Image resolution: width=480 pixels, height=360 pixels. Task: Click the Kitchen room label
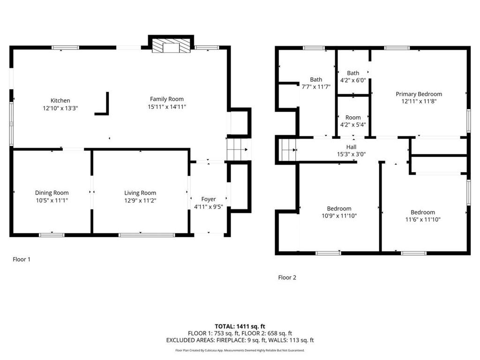[x=60, y=100]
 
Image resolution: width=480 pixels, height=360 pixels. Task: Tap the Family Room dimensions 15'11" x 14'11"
[x=167, y=107]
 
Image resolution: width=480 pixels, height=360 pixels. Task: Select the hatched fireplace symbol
[x=171, y=46]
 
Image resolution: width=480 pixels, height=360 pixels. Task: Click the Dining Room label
[x=52, y=193]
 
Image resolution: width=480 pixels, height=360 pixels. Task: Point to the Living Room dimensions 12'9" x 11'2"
[x=140, y=201]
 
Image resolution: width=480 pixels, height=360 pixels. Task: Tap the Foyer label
[x=209, y=199]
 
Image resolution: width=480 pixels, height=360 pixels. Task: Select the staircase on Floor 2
[x=288, y=150]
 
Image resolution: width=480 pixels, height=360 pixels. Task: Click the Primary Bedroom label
[x=419, y=94]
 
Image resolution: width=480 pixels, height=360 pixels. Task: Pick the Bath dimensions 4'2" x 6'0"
[x=353, y=81]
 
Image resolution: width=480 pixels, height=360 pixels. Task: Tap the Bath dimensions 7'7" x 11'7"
[x=316, y=87]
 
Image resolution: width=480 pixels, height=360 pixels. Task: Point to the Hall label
[x=351, y=147]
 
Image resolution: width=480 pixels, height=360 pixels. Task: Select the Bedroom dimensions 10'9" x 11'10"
[x=339, y=216]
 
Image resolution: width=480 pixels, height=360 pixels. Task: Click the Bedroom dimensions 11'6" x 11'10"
[x=423, y=219]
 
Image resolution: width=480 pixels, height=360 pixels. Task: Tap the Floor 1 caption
[x=22, y=259]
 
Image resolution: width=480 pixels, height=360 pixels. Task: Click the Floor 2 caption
[x=287, y=277]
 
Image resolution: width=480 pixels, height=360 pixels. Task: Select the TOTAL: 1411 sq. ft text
[x=240, y=326]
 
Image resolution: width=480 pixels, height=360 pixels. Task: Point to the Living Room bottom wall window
[x=147, y=235]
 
